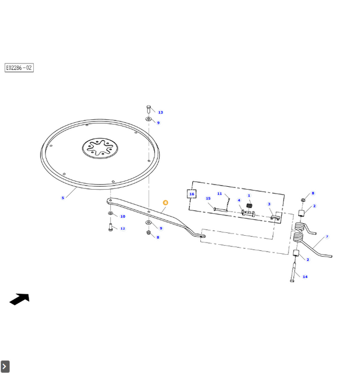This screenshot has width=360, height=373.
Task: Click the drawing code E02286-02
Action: pos(19,68)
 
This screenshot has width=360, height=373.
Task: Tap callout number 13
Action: pos(160,113)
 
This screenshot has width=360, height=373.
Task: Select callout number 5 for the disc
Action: pos(63,197)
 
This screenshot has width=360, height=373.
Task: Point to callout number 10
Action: pos(123,217)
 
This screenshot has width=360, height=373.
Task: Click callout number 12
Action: pos(123,228)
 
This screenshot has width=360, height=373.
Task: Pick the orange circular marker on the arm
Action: pos(165,203)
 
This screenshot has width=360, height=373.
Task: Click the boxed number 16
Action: pos(192,194)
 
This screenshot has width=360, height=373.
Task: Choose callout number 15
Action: pos(208,199)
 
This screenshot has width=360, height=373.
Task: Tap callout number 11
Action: pos(220,194)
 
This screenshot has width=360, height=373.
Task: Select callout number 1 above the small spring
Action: pos(249,196)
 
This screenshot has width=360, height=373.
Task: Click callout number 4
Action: pos(238,200)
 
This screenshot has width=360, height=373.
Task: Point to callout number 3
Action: pos(269,204)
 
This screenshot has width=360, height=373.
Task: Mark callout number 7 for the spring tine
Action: pos(327,237)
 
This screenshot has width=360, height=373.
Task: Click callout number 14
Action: pos(305,277)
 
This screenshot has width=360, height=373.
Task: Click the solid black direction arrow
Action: pos(20,299)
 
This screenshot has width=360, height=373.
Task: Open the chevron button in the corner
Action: pos(5,367)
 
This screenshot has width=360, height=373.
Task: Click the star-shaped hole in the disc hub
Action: pos(100,149)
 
